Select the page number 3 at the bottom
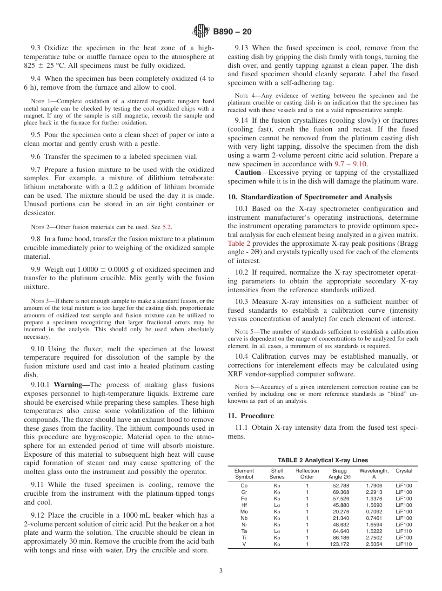(221, 571)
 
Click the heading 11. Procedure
(251, 416)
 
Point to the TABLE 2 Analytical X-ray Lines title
(322, 460)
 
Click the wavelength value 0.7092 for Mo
(374, 512)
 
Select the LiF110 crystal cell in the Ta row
(404, 531)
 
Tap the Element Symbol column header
(244, 473)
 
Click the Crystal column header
(404, 471)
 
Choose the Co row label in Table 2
(244, 486)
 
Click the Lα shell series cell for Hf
(277, 505)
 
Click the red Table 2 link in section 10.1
(239, 243)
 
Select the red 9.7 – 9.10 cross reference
(351, 164)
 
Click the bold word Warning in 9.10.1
(71, 385)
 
